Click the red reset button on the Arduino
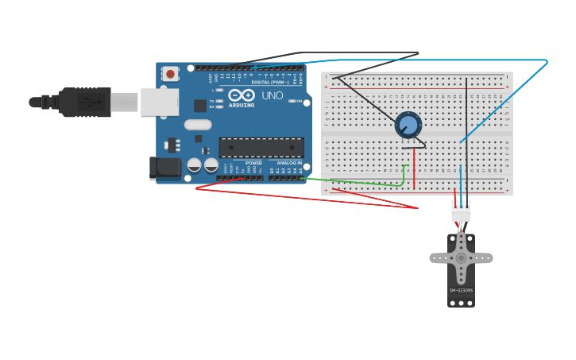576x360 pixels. coord(170,74)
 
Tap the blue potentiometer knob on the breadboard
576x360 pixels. coord(408,125)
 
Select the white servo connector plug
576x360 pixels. coord(461,211)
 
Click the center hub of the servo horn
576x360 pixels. coord(461,257)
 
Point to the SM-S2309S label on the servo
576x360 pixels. coord(461,290)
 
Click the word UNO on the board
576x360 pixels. coord(273,95)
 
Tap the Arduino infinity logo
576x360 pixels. coord(242,95)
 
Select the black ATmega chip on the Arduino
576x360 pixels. coord(261,148)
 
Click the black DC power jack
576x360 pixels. coord(165,167)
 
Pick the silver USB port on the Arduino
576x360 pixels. coord(160,102)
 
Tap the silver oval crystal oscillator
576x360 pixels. coord(198,125)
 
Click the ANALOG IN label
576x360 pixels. coord(289,163)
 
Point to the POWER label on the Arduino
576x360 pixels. coord(253,163)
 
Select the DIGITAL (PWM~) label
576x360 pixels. coord(270,82)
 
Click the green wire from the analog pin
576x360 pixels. coord(358,183)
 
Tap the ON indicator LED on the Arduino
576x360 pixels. coord(306,102)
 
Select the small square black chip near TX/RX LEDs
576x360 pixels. coord(200,106)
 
